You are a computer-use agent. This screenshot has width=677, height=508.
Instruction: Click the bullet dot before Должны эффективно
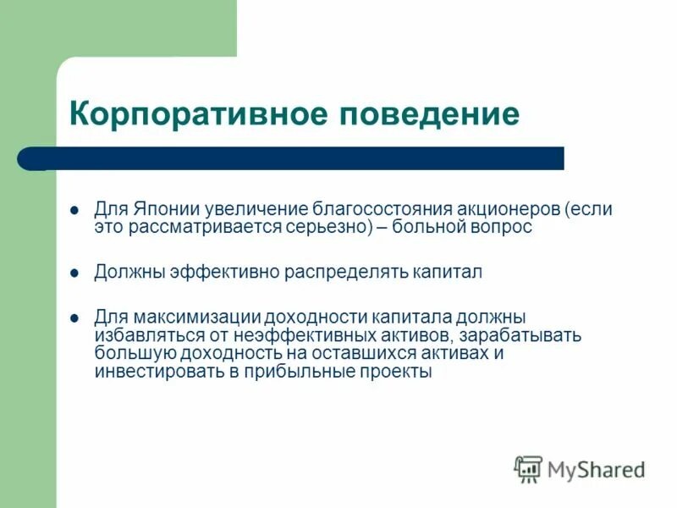pos(74,273)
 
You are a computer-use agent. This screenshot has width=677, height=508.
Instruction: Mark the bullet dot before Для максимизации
pos(74,317)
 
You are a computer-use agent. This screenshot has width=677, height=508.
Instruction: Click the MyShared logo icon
pos(528,468)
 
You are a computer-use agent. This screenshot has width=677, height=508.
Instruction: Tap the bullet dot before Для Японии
pos(74,209)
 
